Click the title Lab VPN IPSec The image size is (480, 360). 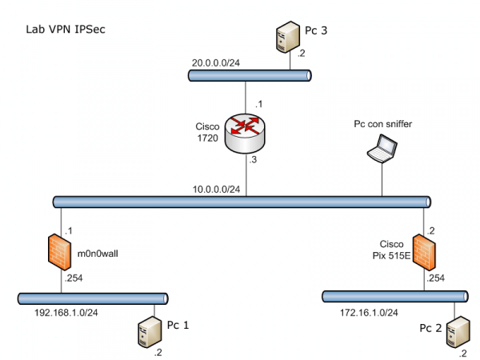point(66,30)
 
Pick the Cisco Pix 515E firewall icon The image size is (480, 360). point(423,252)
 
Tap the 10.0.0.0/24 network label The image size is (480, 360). point(217,189)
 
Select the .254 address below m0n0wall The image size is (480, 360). point(74,278)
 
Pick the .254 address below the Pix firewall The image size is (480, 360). point(436,278)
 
